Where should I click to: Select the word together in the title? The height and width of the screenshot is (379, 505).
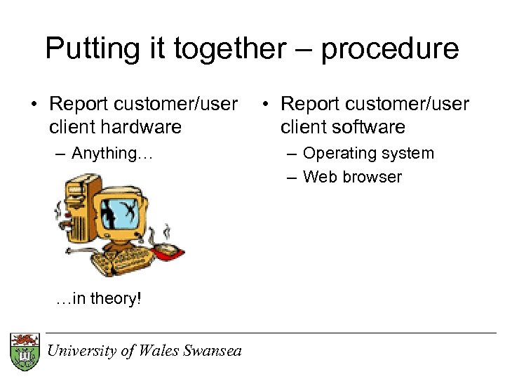(230, 49)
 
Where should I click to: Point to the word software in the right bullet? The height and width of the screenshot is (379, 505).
(370, 127)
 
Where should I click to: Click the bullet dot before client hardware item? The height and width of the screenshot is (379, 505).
(34, 105)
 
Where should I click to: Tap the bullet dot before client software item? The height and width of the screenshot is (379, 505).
(264, 105)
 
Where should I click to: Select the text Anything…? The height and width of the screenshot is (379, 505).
(112, 153)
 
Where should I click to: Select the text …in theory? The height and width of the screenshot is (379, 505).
(98, 298)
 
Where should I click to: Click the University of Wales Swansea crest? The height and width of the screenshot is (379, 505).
(25, 351)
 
